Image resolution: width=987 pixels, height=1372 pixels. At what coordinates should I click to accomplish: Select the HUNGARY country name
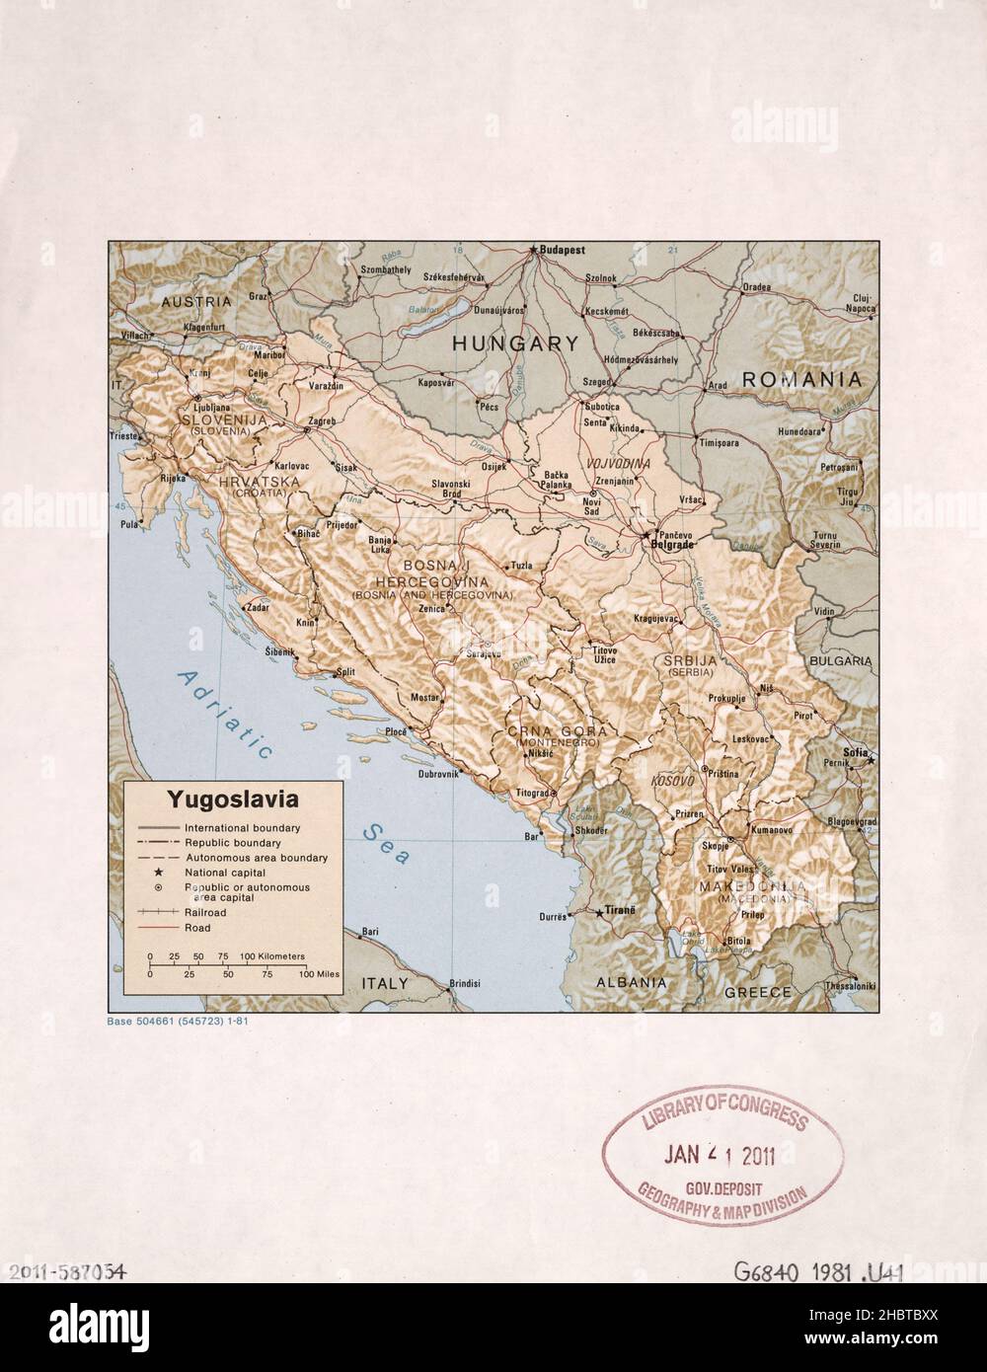514,343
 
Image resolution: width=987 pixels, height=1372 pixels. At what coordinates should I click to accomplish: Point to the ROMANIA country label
801,378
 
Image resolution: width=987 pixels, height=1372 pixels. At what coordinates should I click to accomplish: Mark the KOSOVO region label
673,781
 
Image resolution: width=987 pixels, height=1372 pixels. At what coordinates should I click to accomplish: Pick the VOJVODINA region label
616,463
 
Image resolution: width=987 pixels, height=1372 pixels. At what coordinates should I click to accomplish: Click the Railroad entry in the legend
205,913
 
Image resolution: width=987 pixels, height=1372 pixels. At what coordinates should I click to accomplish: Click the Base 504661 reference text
177,1021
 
